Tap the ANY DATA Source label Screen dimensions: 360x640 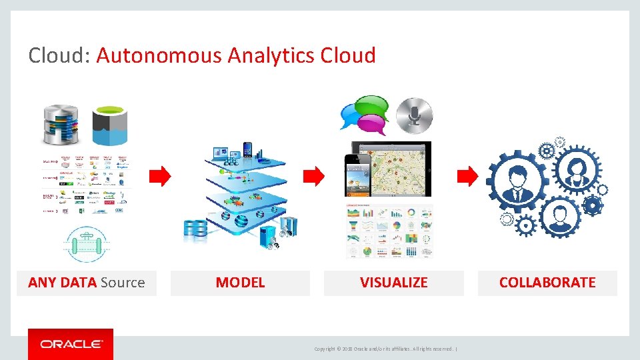[x=87, y=283]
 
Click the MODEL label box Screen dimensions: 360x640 [x=240, y=283]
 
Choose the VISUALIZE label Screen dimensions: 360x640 [x=393, y=283]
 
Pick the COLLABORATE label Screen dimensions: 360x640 [x=547, y=283]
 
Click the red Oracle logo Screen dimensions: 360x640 [x=71, y=344]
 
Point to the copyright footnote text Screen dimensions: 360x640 [x=385, y=349]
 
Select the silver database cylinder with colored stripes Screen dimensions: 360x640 [x=61, y=125]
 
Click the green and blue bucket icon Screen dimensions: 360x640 [x=109, y=125]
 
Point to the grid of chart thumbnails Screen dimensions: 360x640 [x=389, y=231]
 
